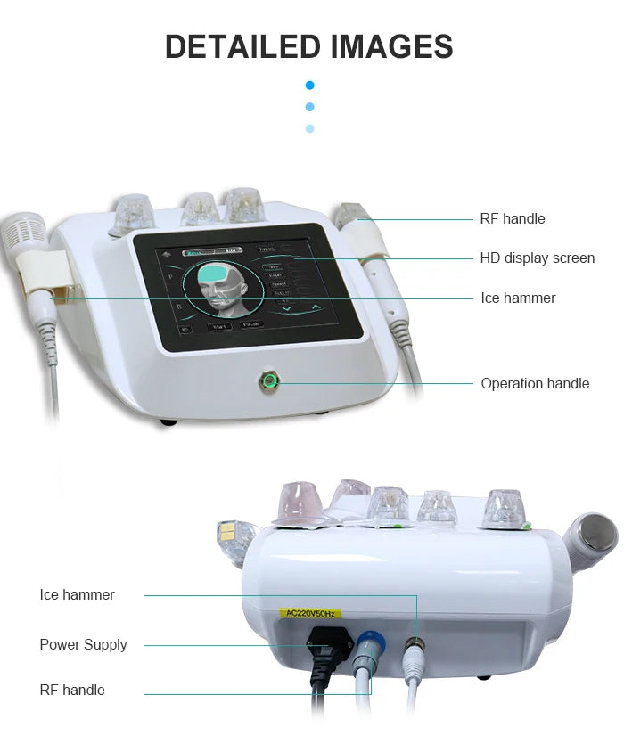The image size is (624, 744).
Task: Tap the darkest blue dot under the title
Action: [309, 86]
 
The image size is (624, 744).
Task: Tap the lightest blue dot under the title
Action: [309, 128]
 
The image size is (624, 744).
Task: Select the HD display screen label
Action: [537, 258]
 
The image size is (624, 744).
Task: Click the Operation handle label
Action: [535, 384]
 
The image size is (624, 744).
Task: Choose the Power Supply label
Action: [83, 645]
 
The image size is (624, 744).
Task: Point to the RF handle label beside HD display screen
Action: [512, 219]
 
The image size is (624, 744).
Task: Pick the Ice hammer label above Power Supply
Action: [77, 595]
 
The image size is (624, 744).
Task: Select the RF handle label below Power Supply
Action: [72, 691]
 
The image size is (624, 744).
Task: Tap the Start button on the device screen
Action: [219, 327]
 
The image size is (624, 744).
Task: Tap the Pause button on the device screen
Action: [253, 325]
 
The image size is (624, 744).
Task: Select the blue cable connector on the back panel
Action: [368, 643]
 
